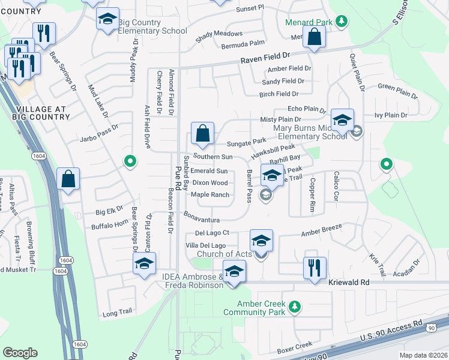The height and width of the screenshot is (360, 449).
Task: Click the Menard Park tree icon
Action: point(342,22)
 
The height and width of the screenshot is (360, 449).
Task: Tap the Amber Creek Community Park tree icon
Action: point(294,307)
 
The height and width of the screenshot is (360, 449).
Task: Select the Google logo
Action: point(20,353)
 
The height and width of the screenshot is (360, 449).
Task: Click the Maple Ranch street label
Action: point(209,194)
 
